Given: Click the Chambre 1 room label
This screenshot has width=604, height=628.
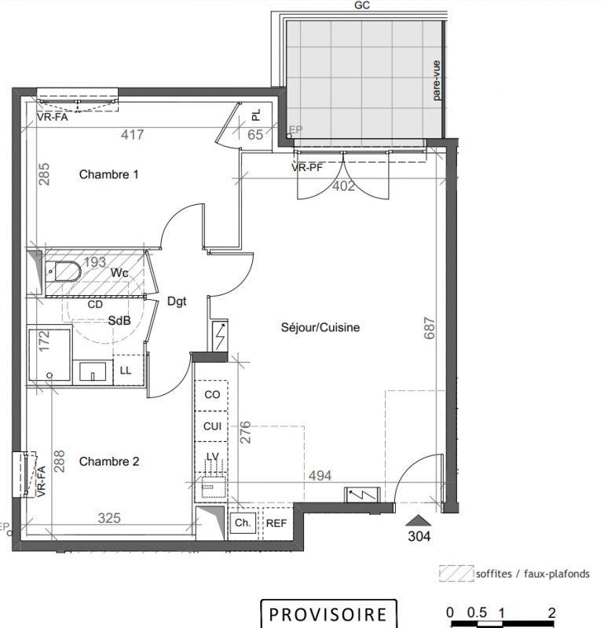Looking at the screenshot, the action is [108, 174].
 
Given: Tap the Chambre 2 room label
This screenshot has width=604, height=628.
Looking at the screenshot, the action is [109, 462].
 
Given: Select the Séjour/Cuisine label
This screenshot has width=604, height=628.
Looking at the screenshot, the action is [320, 327].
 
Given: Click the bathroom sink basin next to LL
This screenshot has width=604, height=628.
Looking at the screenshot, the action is [93, 371].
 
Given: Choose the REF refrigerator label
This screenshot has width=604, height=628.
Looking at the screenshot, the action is [276, 524].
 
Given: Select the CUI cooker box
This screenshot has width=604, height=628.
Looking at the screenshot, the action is [211, 426].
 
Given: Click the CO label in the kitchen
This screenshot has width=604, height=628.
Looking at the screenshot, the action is [212, 395].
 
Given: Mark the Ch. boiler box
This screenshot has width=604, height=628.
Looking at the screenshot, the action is [243, 524].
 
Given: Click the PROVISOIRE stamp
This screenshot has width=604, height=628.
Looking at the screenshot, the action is [328, 614].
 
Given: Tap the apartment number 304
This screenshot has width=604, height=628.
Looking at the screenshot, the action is [419, 536].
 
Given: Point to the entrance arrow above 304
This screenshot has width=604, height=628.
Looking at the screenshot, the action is [419, 520].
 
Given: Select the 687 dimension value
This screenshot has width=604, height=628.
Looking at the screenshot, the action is [430, 328].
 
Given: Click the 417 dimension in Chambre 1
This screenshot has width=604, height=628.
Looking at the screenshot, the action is [132, 134].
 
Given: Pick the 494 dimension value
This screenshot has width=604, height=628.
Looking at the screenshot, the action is [320, 476].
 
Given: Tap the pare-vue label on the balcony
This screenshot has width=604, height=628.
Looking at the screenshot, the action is [437, 80].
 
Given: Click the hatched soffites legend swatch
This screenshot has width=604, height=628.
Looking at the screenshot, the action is [456, 573].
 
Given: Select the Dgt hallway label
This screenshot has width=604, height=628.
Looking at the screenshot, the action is [177, 301].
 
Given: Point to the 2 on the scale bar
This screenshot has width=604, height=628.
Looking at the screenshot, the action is [552, 613].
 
